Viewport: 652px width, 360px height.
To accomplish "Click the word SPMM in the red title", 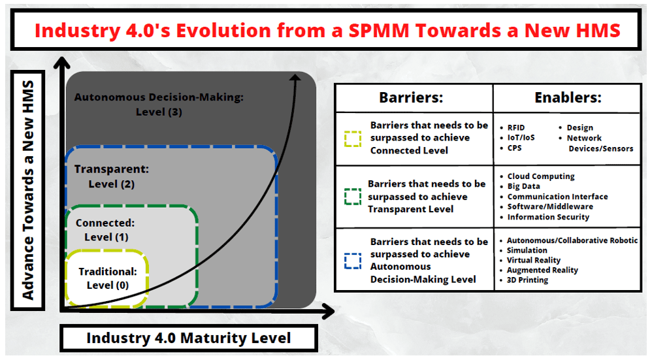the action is click(x=379, y=30).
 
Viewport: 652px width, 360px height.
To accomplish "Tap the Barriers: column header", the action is click(x=411, y=97).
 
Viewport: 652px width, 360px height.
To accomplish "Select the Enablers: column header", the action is click(x=568, y=97).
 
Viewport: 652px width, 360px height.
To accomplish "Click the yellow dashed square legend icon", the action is click(x=353, y=139).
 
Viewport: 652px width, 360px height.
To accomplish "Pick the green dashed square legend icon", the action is click(x=353, y=197).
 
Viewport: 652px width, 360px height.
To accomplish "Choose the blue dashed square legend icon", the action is click(x=353, y=261).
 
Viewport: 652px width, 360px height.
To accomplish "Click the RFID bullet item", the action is click(x=515, y=127).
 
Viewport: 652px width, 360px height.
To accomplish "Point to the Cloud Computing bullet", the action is click(x=540, y=176).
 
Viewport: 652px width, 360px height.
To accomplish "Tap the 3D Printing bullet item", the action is click(x=527, y=280).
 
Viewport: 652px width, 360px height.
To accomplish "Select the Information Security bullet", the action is click(x=548, y=217).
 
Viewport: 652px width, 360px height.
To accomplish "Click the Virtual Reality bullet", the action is click(x=533, y=260).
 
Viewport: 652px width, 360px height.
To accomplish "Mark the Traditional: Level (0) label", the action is click(x=108, y=278).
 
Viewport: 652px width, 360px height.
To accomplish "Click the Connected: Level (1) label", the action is click(x=106, y=230).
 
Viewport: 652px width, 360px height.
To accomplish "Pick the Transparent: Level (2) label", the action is click(x=112, y=176).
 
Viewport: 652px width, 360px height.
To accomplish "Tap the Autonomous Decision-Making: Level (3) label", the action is click(x=159, y=105).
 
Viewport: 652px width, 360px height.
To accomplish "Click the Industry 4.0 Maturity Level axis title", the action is click(x=189, y=338).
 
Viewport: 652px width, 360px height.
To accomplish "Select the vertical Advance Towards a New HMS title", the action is click(x=28, y=190).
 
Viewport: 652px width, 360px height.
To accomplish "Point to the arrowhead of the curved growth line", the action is click(x=295, y=78).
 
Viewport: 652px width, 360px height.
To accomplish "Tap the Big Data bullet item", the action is click(x=523, y=187).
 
